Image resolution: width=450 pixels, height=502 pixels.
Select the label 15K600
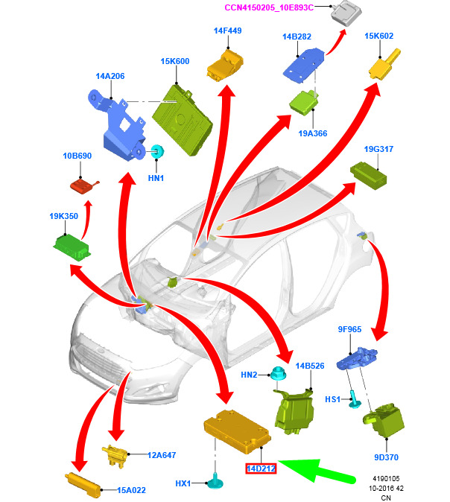coord(175,62)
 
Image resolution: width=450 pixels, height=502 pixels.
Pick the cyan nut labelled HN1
coord(157,152)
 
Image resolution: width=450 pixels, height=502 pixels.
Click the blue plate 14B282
coord(304,62)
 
